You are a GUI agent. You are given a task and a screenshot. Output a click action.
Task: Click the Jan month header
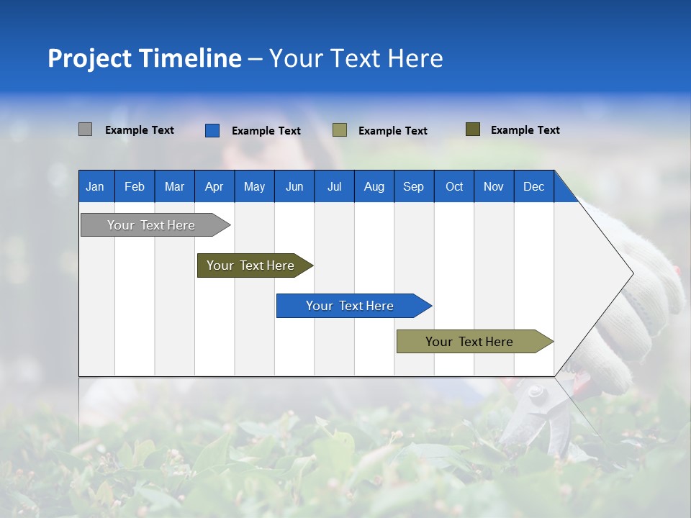[96, 186]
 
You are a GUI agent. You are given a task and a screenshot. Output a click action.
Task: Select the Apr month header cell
[214, 186]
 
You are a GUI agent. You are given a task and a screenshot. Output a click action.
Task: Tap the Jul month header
[334, 186]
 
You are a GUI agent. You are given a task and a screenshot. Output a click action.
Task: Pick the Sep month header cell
[414, 186]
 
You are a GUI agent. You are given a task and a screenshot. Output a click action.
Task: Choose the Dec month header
[533, 186]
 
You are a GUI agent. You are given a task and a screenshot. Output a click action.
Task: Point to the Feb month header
[135, 186]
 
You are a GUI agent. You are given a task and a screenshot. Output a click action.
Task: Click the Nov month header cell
[494, 186]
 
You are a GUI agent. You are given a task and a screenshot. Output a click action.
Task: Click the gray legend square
[85, 129]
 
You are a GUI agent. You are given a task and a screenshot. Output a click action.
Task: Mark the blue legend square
[212, 130]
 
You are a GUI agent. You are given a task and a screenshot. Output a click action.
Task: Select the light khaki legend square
[340, 130]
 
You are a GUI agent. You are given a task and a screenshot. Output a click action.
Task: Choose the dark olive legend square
[473, 129]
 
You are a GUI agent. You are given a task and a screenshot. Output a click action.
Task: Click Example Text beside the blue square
[266, 131]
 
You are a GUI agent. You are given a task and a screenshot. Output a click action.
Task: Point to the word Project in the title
[90, 58]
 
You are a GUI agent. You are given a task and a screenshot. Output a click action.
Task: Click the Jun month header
[294, 186]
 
